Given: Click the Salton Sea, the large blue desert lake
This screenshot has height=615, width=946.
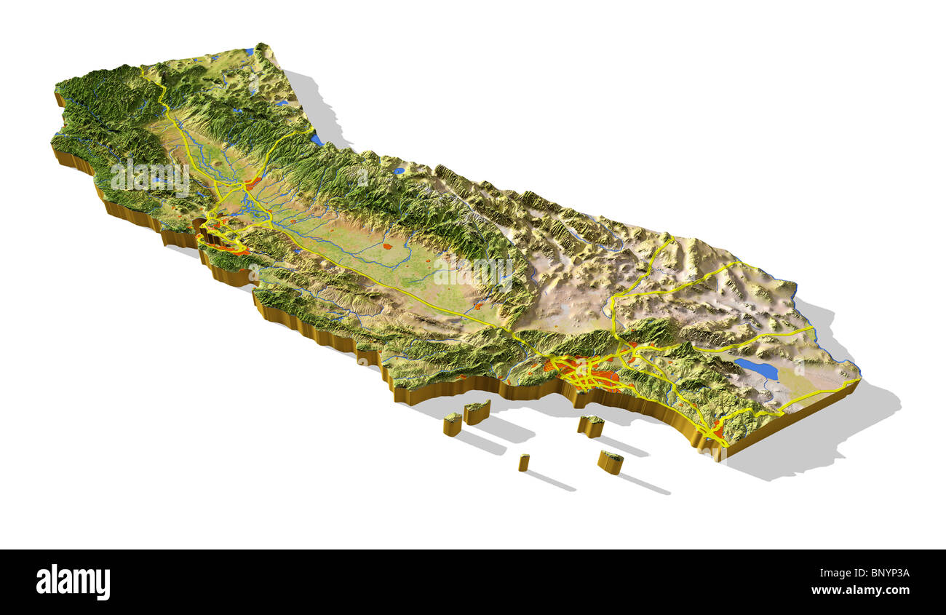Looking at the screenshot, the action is point(756,368).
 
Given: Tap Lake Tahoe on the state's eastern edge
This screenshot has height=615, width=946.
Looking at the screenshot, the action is point(315,138).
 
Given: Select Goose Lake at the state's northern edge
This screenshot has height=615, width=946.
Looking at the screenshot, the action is point(249,52).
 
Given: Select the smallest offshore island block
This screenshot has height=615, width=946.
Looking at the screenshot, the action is point(523,461).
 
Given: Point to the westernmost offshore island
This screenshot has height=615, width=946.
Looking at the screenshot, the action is point(453,423).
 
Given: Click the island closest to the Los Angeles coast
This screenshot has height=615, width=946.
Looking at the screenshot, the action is point(591,425).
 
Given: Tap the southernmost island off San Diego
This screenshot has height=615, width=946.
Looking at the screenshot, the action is point(611,461).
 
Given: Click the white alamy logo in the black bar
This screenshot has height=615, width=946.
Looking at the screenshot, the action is point(73,582).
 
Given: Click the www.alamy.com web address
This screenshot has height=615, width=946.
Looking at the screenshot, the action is point(860,590).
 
